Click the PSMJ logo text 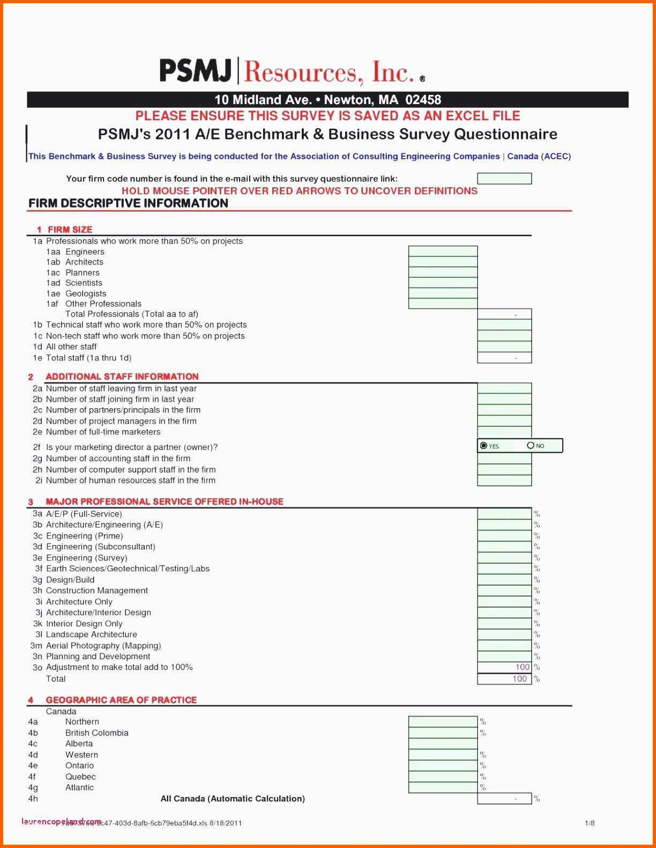coord(196,71)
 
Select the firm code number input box coord(504,179)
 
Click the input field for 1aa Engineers coord(443,252)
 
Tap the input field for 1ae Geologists coord(443,293)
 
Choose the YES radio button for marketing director coord(484,446)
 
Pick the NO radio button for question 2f coord(531,446)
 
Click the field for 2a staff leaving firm coord(504,388)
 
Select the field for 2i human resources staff coord(504,481)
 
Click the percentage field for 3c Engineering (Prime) coord(504,536)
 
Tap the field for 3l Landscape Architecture coord(504,635)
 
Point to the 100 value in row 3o coord(522,667)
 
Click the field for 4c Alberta coord(443,744)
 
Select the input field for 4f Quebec coord(443,777)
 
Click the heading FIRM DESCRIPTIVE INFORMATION coord(128,203)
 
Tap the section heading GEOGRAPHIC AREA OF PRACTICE coord(121,700)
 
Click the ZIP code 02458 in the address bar coord(423,100)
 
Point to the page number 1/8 coord(590,823)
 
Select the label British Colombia coord(96,733)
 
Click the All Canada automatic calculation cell coord(504,799)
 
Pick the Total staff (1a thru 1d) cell coord(504,358)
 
